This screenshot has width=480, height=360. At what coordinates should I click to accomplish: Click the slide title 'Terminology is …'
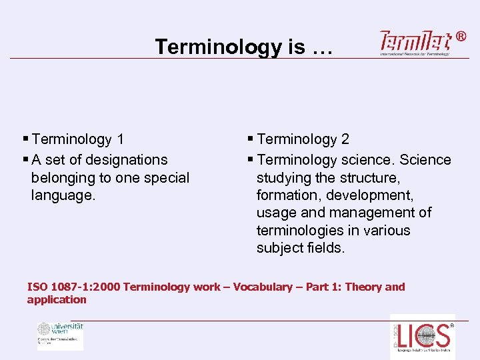point(239,47)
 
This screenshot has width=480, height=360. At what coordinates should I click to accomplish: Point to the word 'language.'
point(63,196)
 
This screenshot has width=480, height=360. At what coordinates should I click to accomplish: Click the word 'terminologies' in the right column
point(299,231)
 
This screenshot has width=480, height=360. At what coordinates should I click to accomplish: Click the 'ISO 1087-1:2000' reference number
point(74,287)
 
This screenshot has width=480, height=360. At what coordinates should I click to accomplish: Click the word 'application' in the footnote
point(57,299)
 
